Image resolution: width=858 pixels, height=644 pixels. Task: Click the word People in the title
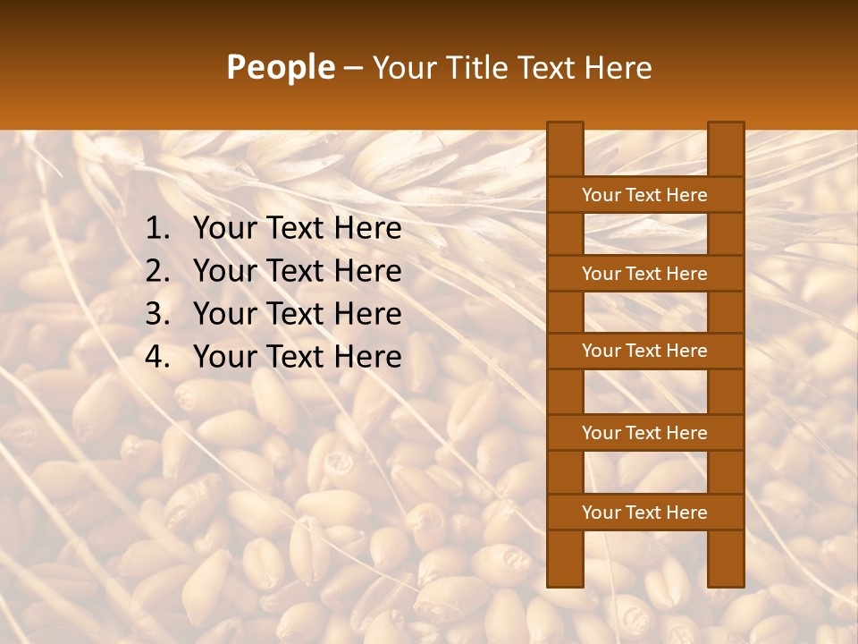[280, 67]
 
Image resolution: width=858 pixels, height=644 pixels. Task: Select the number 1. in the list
[157, 229]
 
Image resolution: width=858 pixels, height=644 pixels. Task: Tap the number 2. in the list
[157, 271]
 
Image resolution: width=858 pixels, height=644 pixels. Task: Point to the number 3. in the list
[157, 314]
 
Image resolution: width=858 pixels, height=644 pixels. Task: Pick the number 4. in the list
[157, 357]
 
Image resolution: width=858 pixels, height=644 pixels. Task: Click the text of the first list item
[297, 229]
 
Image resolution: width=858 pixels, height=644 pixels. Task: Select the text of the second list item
[297, 271]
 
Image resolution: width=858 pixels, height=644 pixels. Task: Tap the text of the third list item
[297, 314]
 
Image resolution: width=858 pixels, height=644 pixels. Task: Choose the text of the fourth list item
[297, 357]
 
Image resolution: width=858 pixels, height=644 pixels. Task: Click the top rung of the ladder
[644, 195]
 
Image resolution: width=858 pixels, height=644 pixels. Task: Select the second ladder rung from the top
[644, 274]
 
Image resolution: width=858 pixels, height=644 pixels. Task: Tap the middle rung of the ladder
[644, 352]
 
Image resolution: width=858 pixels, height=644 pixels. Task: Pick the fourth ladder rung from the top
[644, 433]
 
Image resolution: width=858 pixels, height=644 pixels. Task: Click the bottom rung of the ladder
[644, 513]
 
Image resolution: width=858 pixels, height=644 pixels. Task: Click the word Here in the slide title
[617, 68]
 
